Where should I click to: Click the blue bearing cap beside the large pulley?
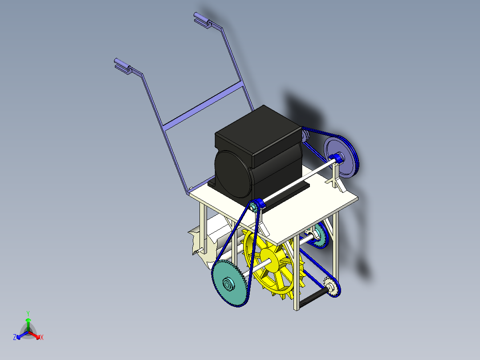click(337, 158)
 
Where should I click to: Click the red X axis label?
click(42, 337)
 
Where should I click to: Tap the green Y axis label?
click(28, 313)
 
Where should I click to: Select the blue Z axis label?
click(15, 337)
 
